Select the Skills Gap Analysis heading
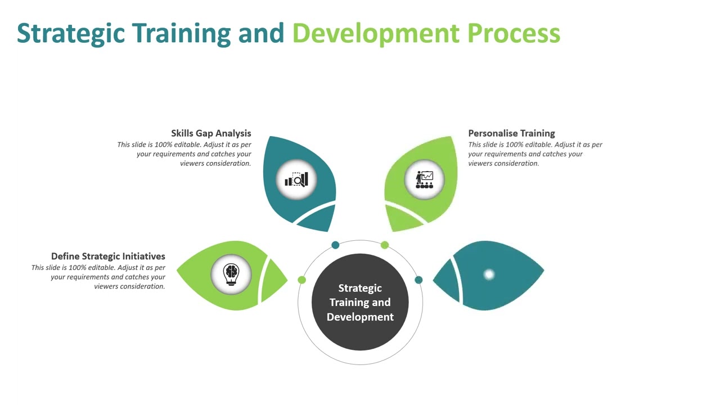[211, 133]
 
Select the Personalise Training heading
[511, 133]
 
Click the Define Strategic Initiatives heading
[108, 256]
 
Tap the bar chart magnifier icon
[296, 180]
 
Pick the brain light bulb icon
[231, 274]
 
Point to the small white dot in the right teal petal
[489, 274]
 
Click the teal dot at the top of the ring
[335, 245]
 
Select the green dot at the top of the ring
[385, 245]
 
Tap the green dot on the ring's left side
[302, 280]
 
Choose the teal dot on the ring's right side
[418, 280]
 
